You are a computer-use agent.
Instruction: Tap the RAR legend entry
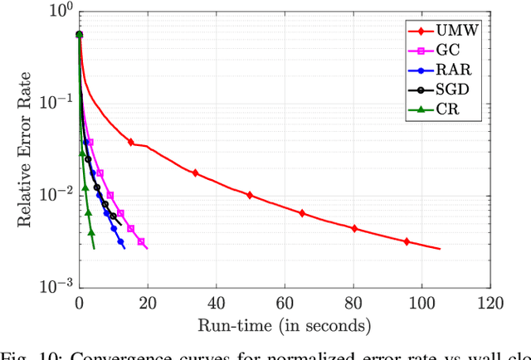[449, 71]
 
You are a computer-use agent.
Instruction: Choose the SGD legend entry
[449, 91]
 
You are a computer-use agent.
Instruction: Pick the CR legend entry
[444, 111]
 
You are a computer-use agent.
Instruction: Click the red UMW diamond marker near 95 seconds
[407, 241]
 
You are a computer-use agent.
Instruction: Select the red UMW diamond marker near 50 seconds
[250, 196]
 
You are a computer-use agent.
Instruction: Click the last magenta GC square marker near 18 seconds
[141, 241]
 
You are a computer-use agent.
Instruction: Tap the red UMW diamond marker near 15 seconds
[130, 143]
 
